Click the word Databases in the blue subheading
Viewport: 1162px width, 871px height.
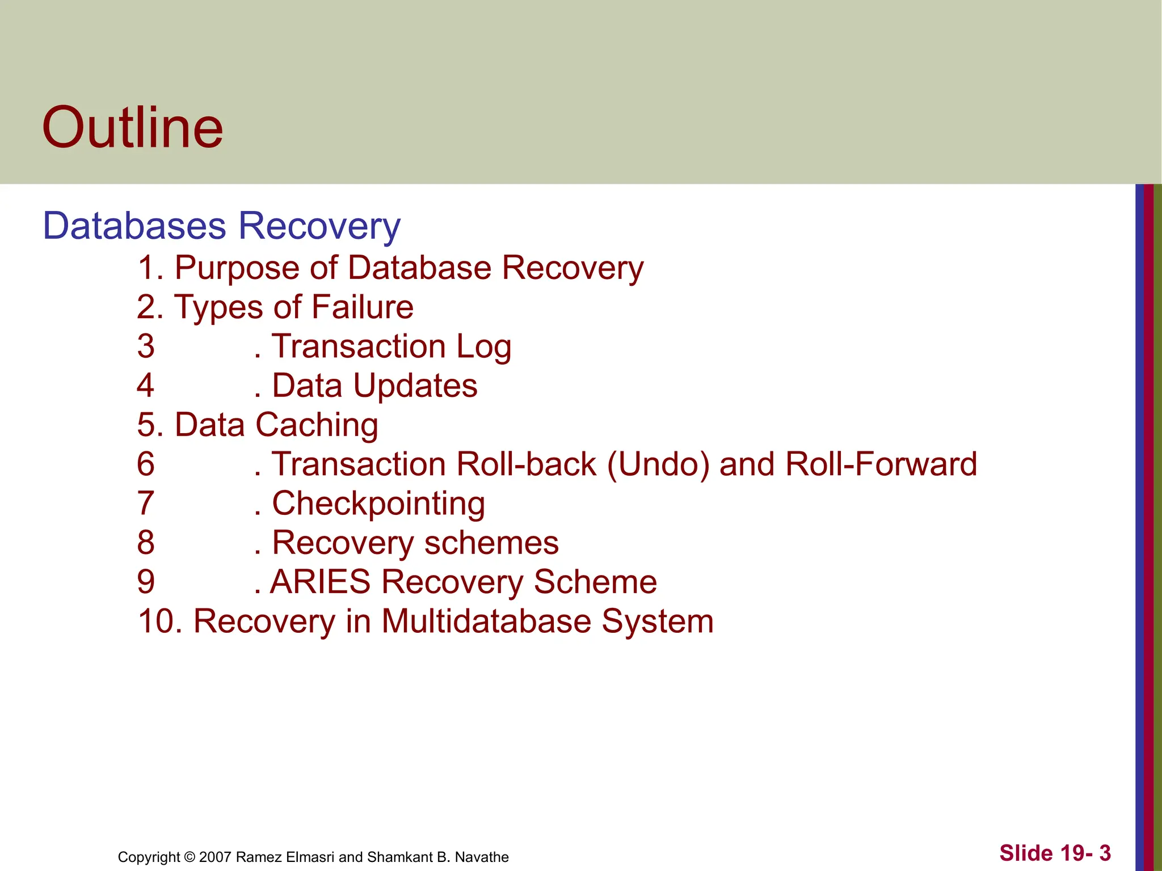134,226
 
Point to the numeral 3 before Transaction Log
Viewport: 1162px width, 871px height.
146,346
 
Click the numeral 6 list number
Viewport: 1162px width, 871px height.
146,464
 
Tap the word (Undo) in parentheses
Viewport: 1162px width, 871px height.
658,464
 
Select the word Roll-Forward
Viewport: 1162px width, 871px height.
881,464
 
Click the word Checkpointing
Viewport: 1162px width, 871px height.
378,504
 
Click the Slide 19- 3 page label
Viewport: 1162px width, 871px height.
1055,853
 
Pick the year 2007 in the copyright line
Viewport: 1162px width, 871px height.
216,857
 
